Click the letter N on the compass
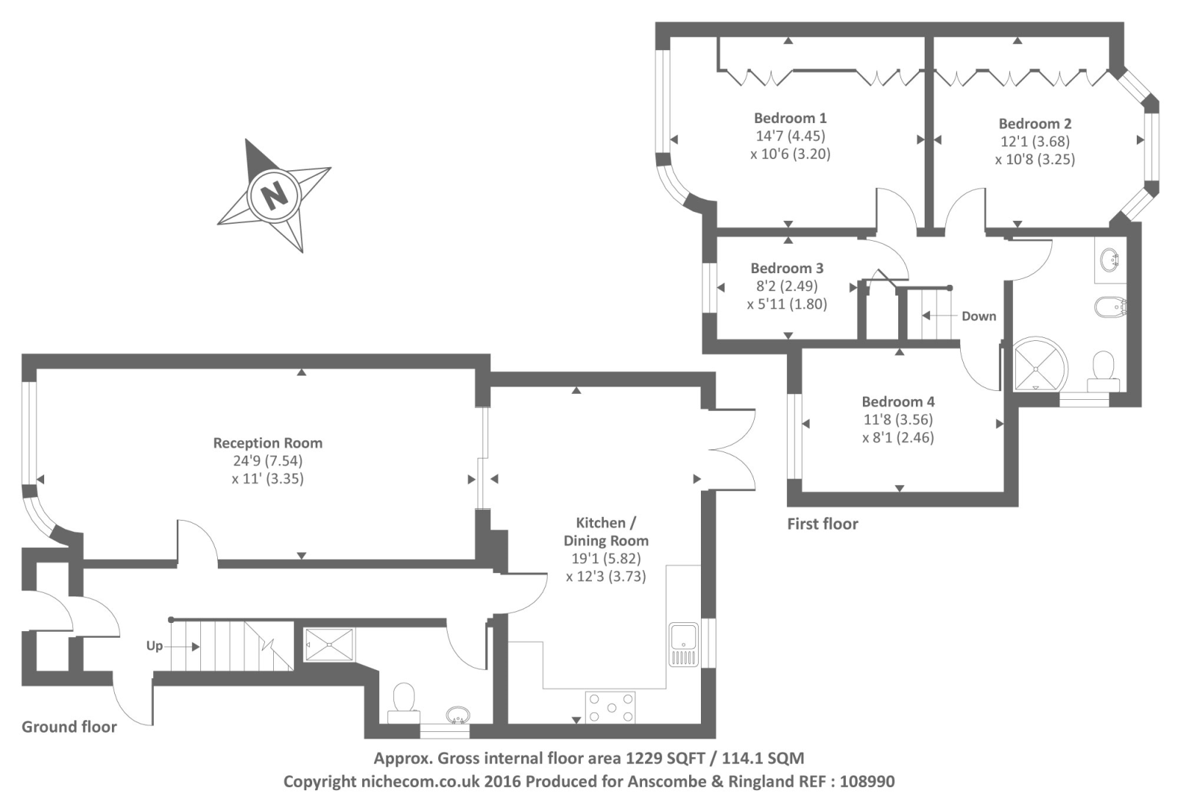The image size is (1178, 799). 274,196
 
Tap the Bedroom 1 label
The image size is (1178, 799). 790,118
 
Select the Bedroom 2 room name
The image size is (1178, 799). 1034,124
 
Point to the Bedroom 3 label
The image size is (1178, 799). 786,268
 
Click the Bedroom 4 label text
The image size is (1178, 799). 897,401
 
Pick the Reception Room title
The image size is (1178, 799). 267,443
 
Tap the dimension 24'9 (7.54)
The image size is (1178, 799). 267,461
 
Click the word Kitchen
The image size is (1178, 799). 600,523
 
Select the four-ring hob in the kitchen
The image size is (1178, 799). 610,708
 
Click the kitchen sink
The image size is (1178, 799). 683,644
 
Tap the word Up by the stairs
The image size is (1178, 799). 154,646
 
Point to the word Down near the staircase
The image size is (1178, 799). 978,316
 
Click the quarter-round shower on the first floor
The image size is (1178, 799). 1039,365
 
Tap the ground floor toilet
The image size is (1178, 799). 403,700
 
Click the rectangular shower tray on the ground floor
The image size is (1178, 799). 329,644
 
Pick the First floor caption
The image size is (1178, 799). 822,524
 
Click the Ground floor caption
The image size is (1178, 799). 69,727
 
